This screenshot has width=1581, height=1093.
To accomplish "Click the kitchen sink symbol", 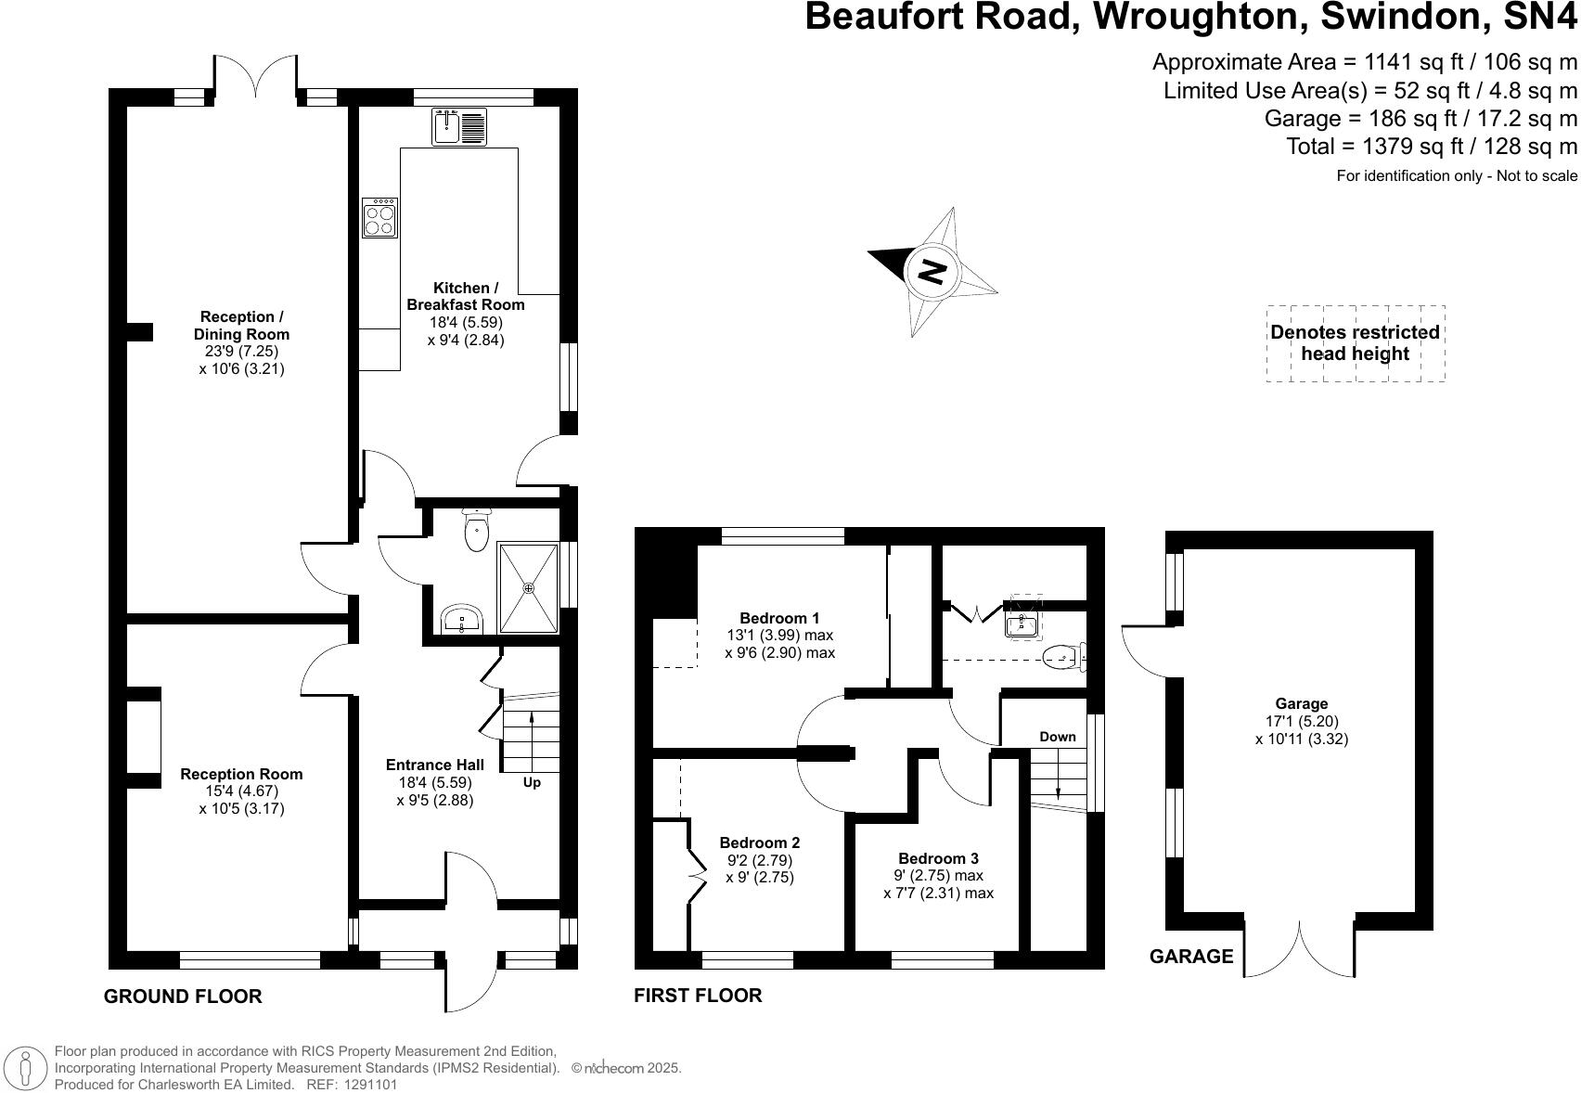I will pyautogui.click(x=459, y=127).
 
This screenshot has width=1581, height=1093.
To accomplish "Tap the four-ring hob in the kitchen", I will pyautogui.click(x=379, y=218).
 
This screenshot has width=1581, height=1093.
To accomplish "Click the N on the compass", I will pyautogui.click(x=932, y=272).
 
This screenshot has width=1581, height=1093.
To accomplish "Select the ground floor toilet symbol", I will pyautogui.click(x=476, y=532).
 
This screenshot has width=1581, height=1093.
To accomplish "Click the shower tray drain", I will pyautogui.click(x=529, y=587).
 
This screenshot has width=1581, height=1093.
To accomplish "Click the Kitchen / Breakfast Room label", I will pyautogui.click(x=466, y=296).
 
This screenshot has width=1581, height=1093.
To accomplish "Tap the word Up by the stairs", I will pyautogui.click(x=532, y=782).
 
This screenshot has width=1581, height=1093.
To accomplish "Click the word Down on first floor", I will pyautogui.click(x=1057, y=737).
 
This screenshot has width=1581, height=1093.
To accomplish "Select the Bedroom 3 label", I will pyautogui.click(x=938, y=858).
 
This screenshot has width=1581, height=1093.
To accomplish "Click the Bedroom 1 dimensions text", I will pyautogui.click(x=779, y=644).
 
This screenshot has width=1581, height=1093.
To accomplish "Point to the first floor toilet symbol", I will pyautogui.click(x=1061, y=658).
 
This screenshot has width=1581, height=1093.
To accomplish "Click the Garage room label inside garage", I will pyautogui.click(x=1301, y=703).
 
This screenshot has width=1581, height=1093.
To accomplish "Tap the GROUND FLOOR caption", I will pyautogui.click(x=183, y=997).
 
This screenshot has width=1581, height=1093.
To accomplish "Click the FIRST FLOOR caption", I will pyautogui.click(x=698, y=996).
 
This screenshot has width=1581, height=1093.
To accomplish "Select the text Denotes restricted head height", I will pyautogui.click(x=1355, y=342).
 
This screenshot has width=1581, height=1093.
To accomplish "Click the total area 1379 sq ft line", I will pyautogui.click(x=1431, y=146).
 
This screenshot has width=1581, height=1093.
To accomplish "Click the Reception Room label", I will pyautogui.click(x=241, y=774).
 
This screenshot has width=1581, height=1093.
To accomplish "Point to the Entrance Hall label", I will pyautogui.click(x=434, y=765).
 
